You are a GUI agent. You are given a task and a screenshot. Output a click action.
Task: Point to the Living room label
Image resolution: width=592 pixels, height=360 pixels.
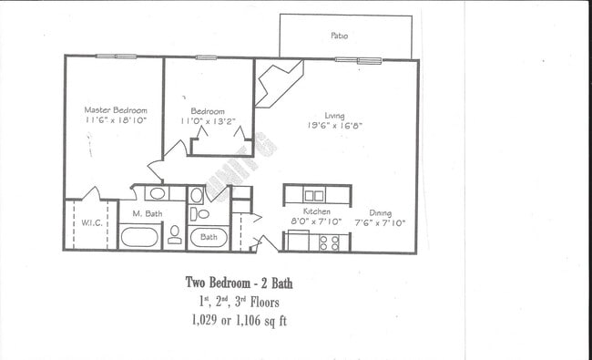pos(334,115)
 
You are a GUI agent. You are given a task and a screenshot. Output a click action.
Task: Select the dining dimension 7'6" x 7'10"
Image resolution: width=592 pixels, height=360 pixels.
pos(380,221)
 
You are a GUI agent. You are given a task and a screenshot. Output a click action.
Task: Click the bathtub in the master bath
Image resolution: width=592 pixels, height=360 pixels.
pos(139,239)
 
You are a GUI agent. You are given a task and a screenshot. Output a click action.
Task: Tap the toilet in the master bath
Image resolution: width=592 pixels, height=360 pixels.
pos(174,236)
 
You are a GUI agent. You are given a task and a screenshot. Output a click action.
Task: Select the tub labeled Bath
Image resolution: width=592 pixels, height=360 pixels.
pos(209,237)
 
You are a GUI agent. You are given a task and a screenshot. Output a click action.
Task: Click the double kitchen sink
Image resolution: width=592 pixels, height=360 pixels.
pos(313,195)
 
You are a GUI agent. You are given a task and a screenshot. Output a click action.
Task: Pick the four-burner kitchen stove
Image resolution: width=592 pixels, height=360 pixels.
pos(330,242)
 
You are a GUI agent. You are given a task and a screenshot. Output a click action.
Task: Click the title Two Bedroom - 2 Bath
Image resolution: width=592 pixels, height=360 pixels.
pos(239,283)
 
